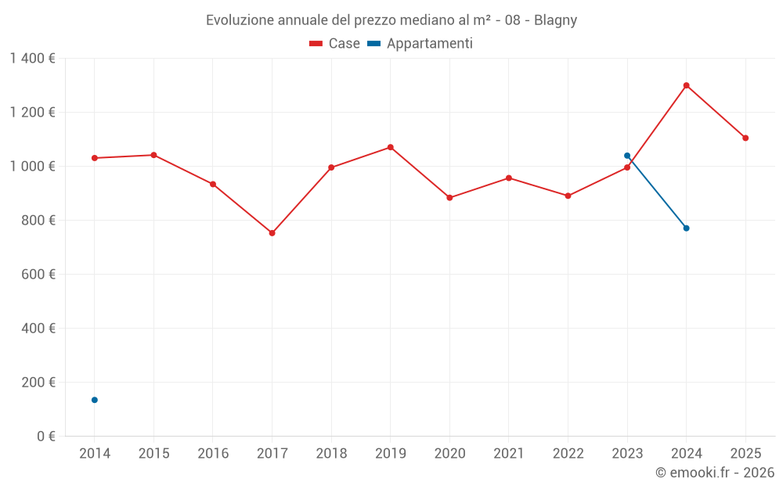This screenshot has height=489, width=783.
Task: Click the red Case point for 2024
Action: tap(686, 85)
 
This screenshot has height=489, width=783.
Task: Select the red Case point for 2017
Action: tap(272, 233)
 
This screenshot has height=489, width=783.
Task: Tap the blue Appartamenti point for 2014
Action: tap(95, 400)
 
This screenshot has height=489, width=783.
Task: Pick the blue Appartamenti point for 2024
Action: tap(686, 228)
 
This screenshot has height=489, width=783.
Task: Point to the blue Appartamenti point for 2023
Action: tap(627, 156)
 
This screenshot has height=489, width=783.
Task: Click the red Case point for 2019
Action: tap(390, 147)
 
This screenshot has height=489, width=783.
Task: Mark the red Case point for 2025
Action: tap(745, 138)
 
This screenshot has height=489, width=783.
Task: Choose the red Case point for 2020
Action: tap(449, 198)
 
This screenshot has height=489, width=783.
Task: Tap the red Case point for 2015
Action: tap(153, 155)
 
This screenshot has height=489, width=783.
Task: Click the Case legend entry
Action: tap(335, 44)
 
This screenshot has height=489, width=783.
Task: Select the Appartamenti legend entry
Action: tap(420, 44)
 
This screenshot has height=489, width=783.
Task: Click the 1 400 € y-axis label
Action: tap(32, 59)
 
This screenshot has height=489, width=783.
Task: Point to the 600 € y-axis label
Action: tap(38, 275)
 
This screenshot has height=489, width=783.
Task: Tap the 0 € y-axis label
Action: tap(46, 437)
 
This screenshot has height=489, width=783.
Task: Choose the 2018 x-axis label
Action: tap(331, 454)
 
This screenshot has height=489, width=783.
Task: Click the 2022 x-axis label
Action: tap(568, 454)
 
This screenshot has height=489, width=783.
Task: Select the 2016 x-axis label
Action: tap(213, 454)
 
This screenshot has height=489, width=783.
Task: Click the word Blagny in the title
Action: tap(556, 20)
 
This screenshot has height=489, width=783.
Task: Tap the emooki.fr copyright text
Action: tap(715, 473)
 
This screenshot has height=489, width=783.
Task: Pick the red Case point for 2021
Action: tap(508, 178)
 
